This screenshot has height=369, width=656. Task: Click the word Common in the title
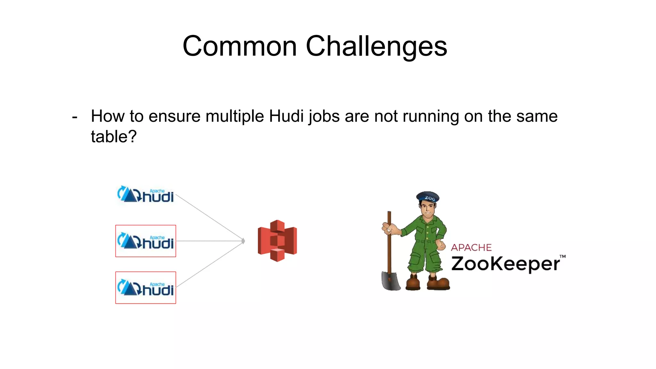pos(240,46)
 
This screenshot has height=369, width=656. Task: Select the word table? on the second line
pos(114,137)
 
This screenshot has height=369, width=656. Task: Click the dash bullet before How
pos(75,117)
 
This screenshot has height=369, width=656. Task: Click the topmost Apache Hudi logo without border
pos(145,194)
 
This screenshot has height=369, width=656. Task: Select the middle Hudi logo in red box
pos(145,241)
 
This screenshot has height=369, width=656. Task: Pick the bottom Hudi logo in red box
pos(145,288)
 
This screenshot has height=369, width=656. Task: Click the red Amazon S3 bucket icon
pos(277,241)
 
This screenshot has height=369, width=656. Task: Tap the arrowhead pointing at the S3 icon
pos(243,241)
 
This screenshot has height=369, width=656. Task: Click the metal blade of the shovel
pos(390,281)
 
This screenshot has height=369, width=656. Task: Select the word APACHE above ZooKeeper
pos(471,248)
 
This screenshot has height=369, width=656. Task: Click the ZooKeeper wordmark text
pos(505,264)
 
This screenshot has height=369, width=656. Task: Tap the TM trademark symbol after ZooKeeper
pos(562,257)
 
